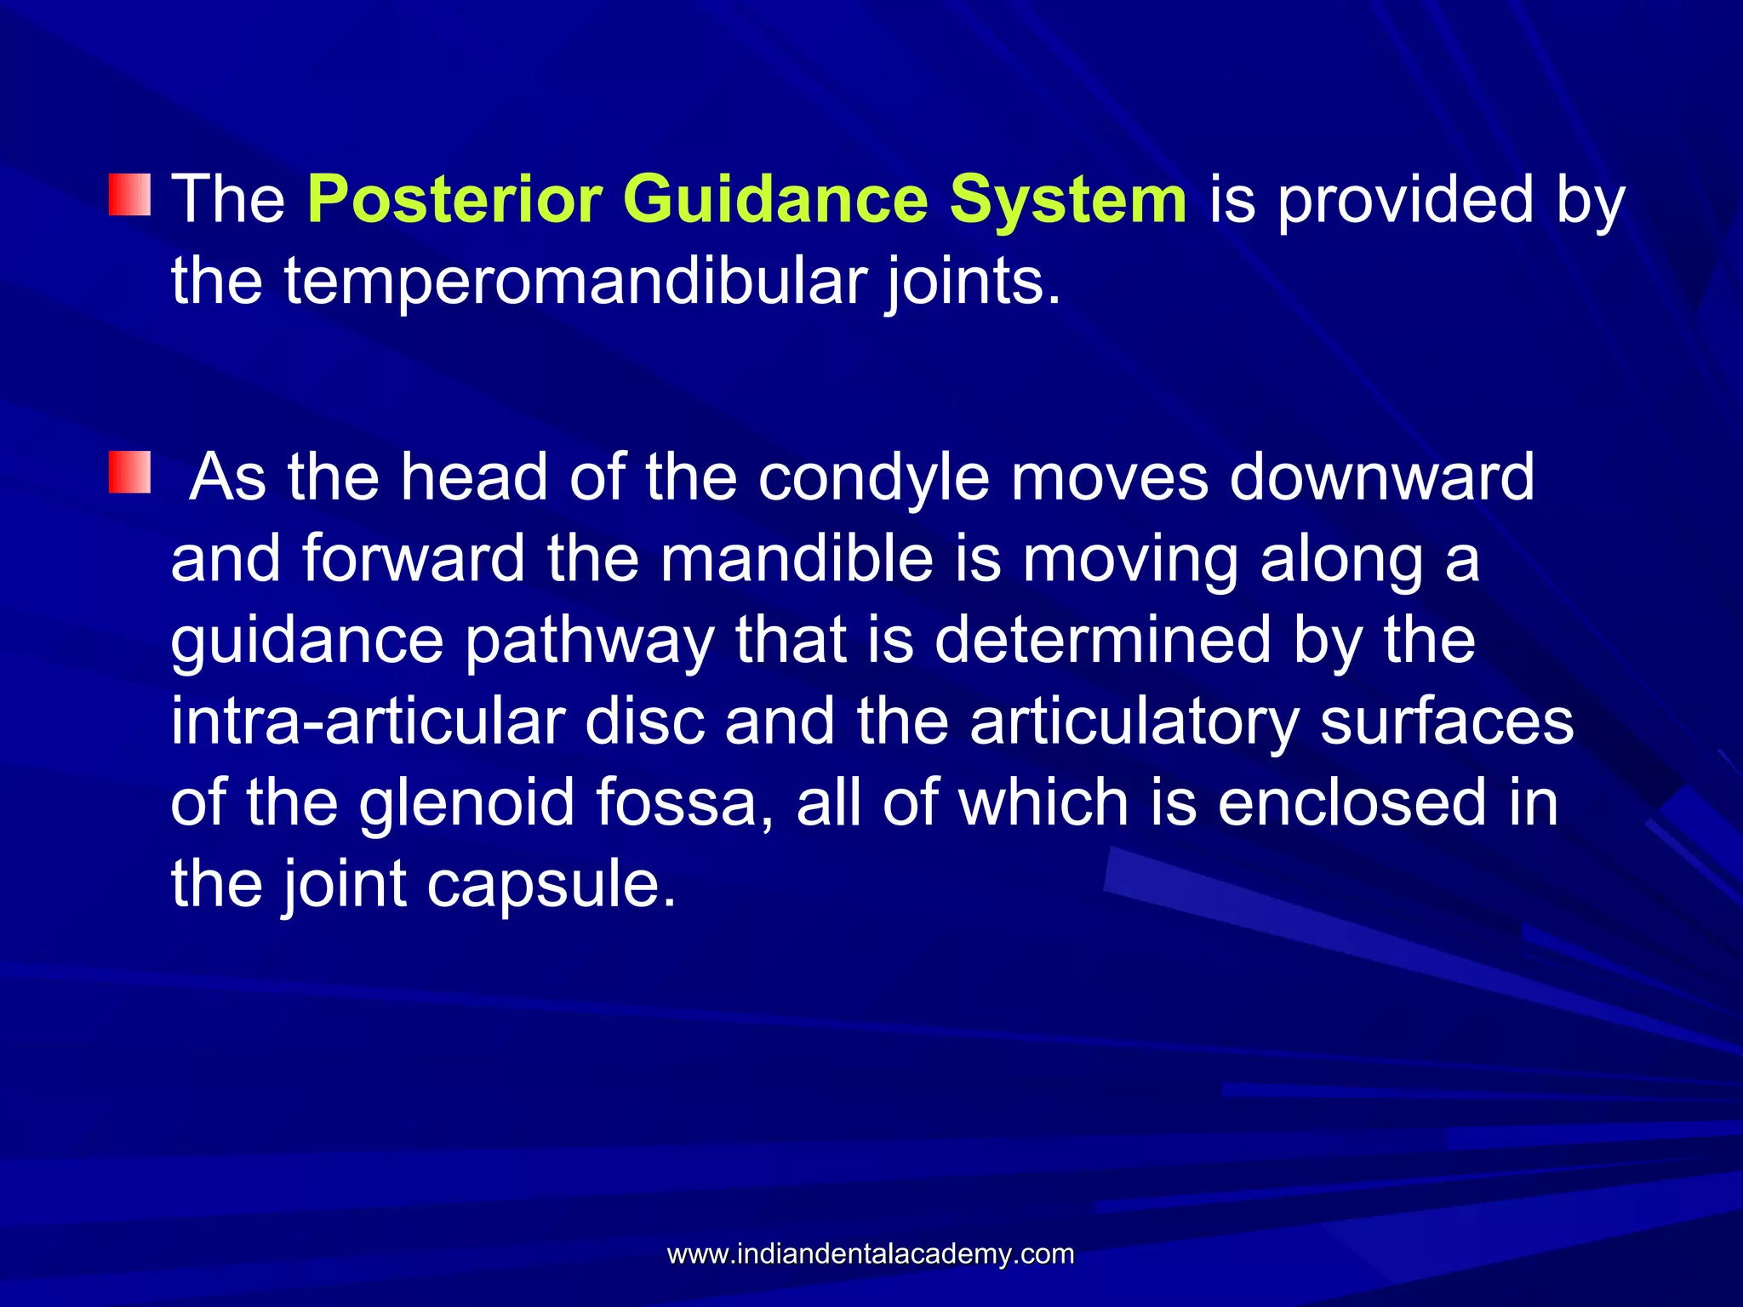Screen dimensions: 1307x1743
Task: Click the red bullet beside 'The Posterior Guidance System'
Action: (x=129, y=195)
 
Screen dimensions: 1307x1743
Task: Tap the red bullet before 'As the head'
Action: (x=129, y=474)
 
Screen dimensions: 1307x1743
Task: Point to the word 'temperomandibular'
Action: (x=574, y=281)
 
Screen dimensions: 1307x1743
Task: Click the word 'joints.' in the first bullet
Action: (x=973, y=283)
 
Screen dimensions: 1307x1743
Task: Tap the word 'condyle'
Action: (x=873, y=478)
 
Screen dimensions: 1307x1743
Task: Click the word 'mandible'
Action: (x=797, y=559)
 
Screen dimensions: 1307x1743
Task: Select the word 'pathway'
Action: (x=589, y=641)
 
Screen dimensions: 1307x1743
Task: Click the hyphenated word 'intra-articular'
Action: (x=368, y=722)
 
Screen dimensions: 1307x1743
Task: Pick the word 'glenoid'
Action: (x=466, y=803)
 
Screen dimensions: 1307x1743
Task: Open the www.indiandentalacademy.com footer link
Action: (x=871, y=1253)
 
